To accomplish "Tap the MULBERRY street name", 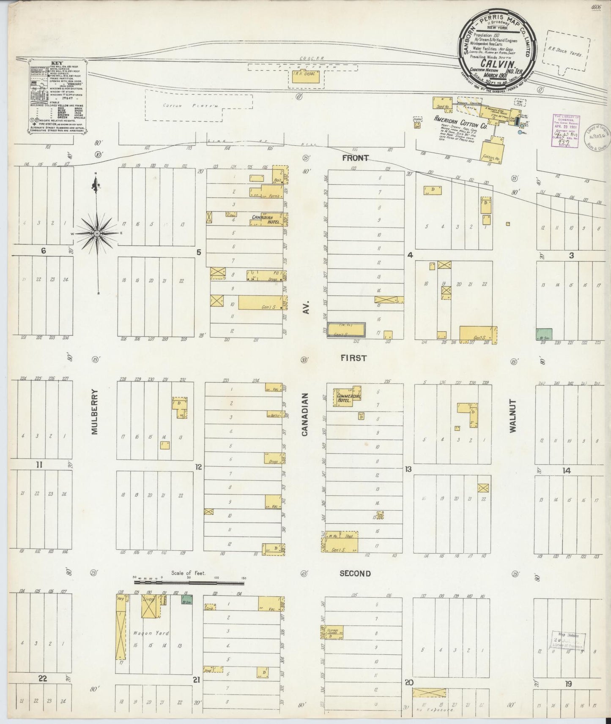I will (x=95, y=412).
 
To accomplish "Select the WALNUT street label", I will (x=513, y=416).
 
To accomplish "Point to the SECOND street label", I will (x=355, y=573).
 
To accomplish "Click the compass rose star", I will (x=97, y=233).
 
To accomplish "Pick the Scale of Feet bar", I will (x=189, y=583).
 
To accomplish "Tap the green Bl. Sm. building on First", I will (x=544, y=334).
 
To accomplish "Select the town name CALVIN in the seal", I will (x=500, y=64).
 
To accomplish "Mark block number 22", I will (x=42, y=679).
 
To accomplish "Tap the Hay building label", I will (x=121, y=599).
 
